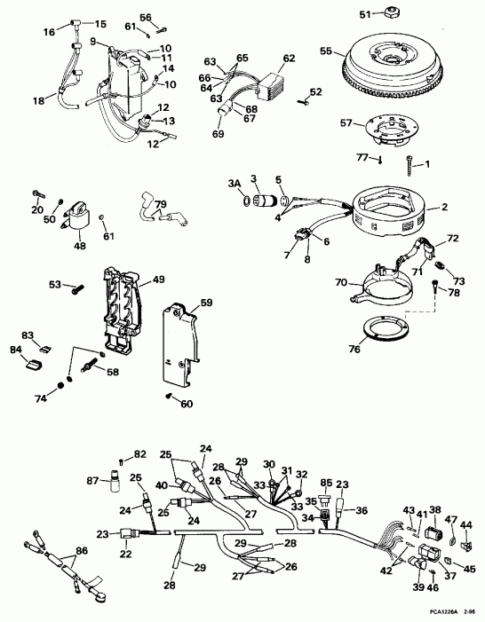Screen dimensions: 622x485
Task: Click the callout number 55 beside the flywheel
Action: [326, 52]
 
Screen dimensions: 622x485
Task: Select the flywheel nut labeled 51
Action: [389, 14]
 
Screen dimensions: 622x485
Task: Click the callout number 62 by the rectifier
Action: [289, 59]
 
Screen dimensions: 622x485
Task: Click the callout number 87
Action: [92, 480]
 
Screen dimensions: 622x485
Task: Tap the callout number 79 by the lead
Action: [161, 206]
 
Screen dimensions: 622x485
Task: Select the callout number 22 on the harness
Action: [126, 554]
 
